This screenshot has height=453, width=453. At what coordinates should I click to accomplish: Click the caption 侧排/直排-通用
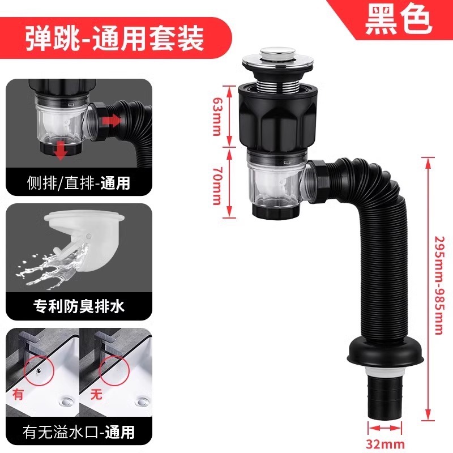pyautogui.click(x=78, y=182)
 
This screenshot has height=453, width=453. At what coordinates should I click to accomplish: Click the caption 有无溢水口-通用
pyautogui.click(x=78, y=433)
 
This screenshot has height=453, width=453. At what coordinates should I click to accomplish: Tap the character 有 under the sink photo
pyautogui.click(x=18, y=395)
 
